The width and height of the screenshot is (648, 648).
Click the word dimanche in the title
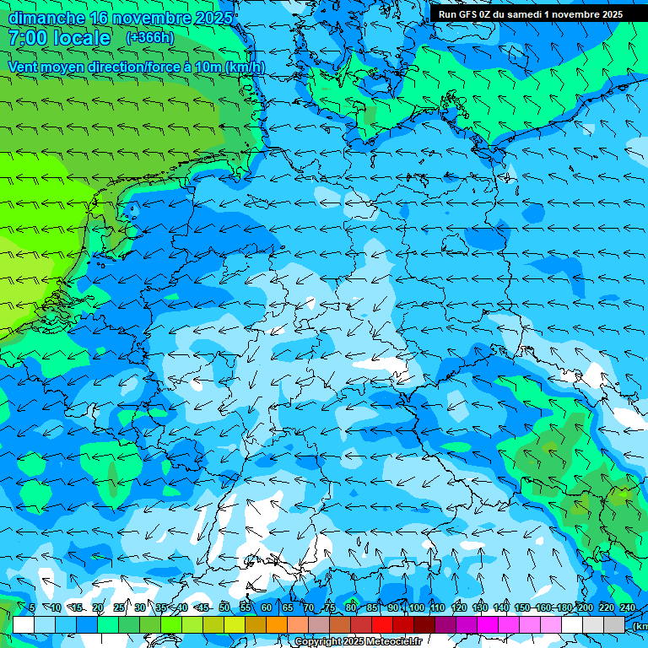click(x=46, y=18)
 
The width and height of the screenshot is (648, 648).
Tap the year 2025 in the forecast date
click(x=216, y=18)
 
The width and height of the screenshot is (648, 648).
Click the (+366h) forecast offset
click(x=149, y=38)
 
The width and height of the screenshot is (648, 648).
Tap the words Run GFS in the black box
click(x=459, y=14)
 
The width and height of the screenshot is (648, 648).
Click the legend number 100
click(x=416, y=607)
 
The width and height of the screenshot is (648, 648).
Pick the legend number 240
click(x=627, y=607)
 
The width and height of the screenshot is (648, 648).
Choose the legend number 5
click(x=32, y=607)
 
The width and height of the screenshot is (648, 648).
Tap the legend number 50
click(x=224, y=607)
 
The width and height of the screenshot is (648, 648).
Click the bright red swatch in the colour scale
click(x=382, y=624)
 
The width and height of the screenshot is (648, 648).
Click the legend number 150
click(x=522, y=607)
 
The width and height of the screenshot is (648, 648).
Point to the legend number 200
click(x=585, y=607)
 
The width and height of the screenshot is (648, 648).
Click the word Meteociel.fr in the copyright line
click(x=394, y=642)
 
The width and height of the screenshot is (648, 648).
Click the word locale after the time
click(x=81, y=38)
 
